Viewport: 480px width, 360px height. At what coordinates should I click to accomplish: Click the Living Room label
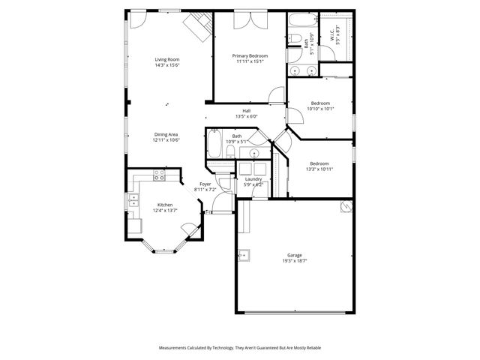pos(167,59)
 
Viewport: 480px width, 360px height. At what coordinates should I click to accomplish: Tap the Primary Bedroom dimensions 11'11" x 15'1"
pos(250,61)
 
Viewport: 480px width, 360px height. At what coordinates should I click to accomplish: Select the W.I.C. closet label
pos(331,34)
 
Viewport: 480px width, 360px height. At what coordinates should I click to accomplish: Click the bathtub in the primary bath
pos(302,20)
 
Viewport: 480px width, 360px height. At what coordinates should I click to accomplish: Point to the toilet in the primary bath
pos(295,41)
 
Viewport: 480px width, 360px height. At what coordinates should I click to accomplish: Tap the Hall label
pos(246,110)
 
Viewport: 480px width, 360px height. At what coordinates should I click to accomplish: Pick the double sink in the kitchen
pos(133,199)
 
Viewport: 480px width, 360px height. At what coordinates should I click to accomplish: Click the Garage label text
pos(294,255)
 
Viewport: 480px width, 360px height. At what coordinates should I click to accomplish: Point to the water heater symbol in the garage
pos(345,206)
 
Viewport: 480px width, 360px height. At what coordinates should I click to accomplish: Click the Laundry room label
pos(253,178)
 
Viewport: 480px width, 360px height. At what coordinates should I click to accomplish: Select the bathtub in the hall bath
pos(214,145)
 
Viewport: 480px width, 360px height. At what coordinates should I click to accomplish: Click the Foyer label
pos(205,184)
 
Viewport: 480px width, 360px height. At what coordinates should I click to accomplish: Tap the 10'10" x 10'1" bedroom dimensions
pos(320,109)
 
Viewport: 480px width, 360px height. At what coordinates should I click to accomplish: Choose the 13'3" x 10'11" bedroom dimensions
pos(319,169)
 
